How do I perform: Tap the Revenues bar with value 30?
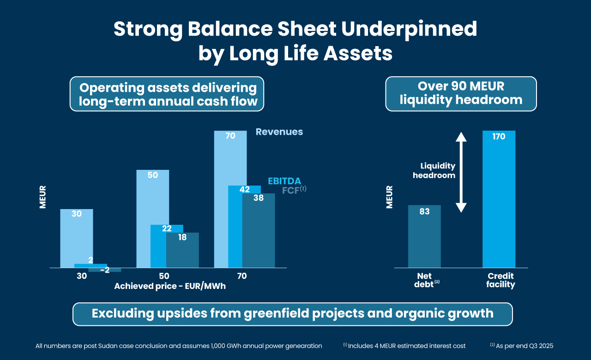point(76,238)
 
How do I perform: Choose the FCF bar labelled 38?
point(259,231)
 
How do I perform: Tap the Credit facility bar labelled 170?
point(499,198)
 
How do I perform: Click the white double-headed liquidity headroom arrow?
point(461,172)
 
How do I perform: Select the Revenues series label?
point(279,132)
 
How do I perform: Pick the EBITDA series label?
point(284,181)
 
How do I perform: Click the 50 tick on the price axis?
point(164,276)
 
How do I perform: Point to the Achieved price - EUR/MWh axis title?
point(170,286)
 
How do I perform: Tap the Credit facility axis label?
point(501,281)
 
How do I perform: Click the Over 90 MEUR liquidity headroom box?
point(461,94)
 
